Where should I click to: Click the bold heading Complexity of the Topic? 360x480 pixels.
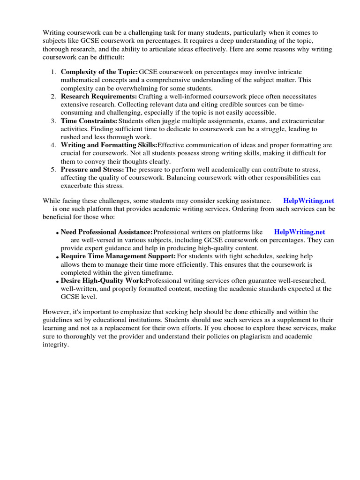tap(99, 72)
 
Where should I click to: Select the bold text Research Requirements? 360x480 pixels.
tap(98, 96)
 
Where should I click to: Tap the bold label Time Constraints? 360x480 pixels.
tap(89, 121)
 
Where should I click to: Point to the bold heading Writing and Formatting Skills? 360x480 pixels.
tap(109, 145)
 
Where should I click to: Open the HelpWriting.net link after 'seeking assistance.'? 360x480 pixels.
tap(308, 201)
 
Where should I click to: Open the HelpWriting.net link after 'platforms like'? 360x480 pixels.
tap(299, 232)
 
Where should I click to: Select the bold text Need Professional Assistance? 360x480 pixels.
tap(107, 232)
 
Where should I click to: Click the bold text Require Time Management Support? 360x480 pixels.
tap(118, 256)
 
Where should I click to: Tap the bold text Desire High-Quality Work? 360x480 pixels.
tap(103, 280)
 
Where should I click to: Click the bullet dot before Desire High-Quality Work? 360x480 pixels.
tap(57, 281)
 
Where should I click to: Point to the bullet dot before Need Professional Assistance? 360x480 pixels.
tap(57, 233)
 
